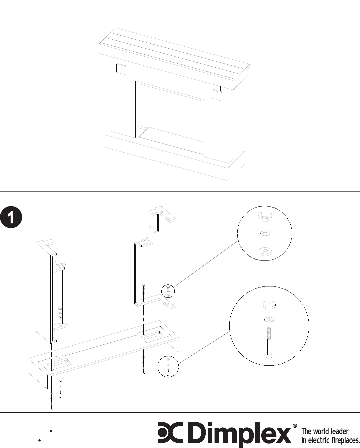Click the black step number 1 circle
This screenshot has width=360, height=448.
pyautogui.click(x=11, y=217)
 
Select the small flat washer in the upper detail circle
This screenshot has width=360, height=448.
pyautogui.click(x=265, y=233)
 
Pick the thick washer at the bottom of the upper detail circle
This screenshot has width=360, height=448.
pyautogui.click(x=265, y=251)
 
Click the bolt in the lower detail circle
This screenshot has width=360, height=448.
pyautogui.click(x=269, y=342)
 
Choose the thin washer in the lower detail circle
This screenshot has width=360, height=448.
pyautogui.click(x=269, y=319)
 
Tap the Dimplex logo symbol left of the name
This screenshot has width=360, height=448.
pyautogui.click(x=170, y=432)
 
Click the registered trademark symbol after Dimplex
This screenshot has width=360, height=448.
pyautogui.click(x=295, y=426)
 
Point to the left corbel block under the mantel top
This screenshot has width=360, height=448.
pyautogui.click(x=121, y=66)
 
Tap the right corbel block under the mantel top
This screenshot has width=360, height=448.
pyautogui.click(x=217, y=93)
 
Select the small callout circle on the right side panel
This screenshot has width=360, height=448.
pyautogui.click(x=168, y=291)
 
